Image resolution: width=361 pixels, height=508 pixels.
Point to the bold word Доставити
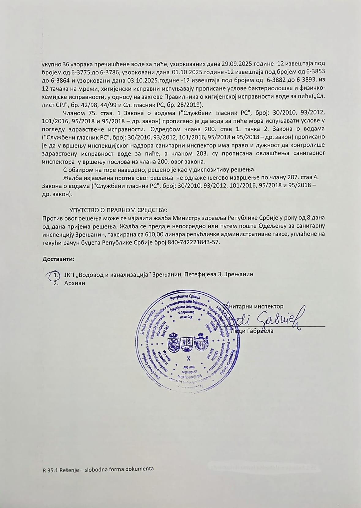(x=58, y=259)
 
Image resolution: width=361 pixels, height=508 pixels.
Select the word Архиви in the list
(x=75, y=283)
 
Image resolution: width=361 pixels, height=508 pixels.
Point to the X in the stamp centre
(x=188, y=358)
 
